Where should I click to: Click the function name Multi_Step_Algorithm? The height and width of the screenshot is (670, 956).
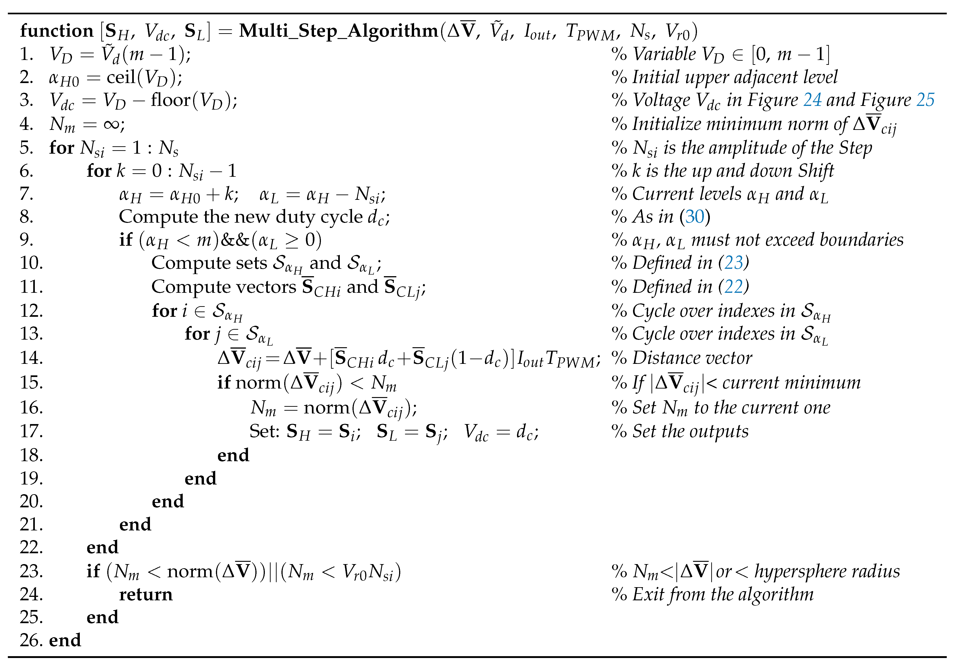point(338,31)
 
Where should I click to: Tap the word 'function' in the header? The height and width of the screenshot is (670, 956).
point(57,31)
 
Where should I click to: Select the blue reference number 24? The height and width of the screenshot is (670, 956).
point(812,100)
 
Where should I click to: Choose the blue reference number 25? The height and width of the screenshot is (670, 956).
point(925,100)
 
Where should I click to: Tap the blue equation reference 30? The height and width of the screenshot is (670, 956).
point(695,217)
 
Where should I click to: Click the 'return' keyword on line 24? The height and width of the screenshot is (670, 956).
point(146,594)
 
